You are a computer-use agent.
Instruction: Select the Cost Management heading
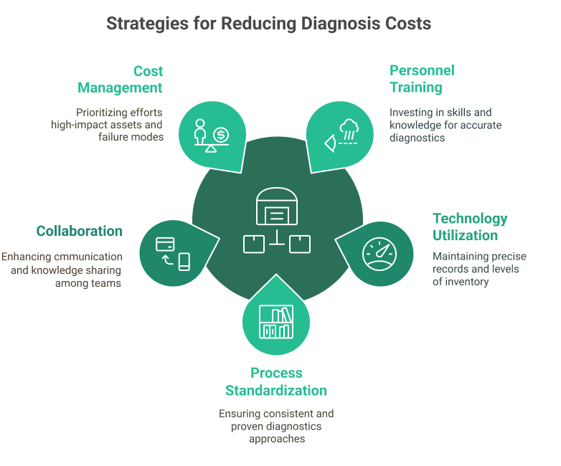tap(121, 80)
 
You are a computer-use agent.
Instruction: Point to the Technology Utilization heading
tap(470, 227)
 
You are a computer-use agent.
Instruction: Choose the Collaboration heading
tap(79, 231)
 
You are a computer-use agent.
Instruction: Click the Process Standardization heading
tap(276, 381)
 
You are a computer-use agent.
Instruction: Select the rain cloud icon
tap(349, 128)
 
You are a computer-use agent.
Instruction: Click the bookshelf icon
tap(276, 321)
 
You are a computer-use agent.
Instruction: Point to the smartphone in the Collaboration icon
tap(184, 262)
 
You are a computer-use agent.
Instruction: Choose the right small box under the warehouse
tap(299, 244)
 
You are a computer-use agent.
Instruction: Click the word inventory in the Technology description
tap(468, 282)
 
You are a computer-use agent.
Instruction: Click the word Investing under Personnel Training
tap(410, 112)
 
